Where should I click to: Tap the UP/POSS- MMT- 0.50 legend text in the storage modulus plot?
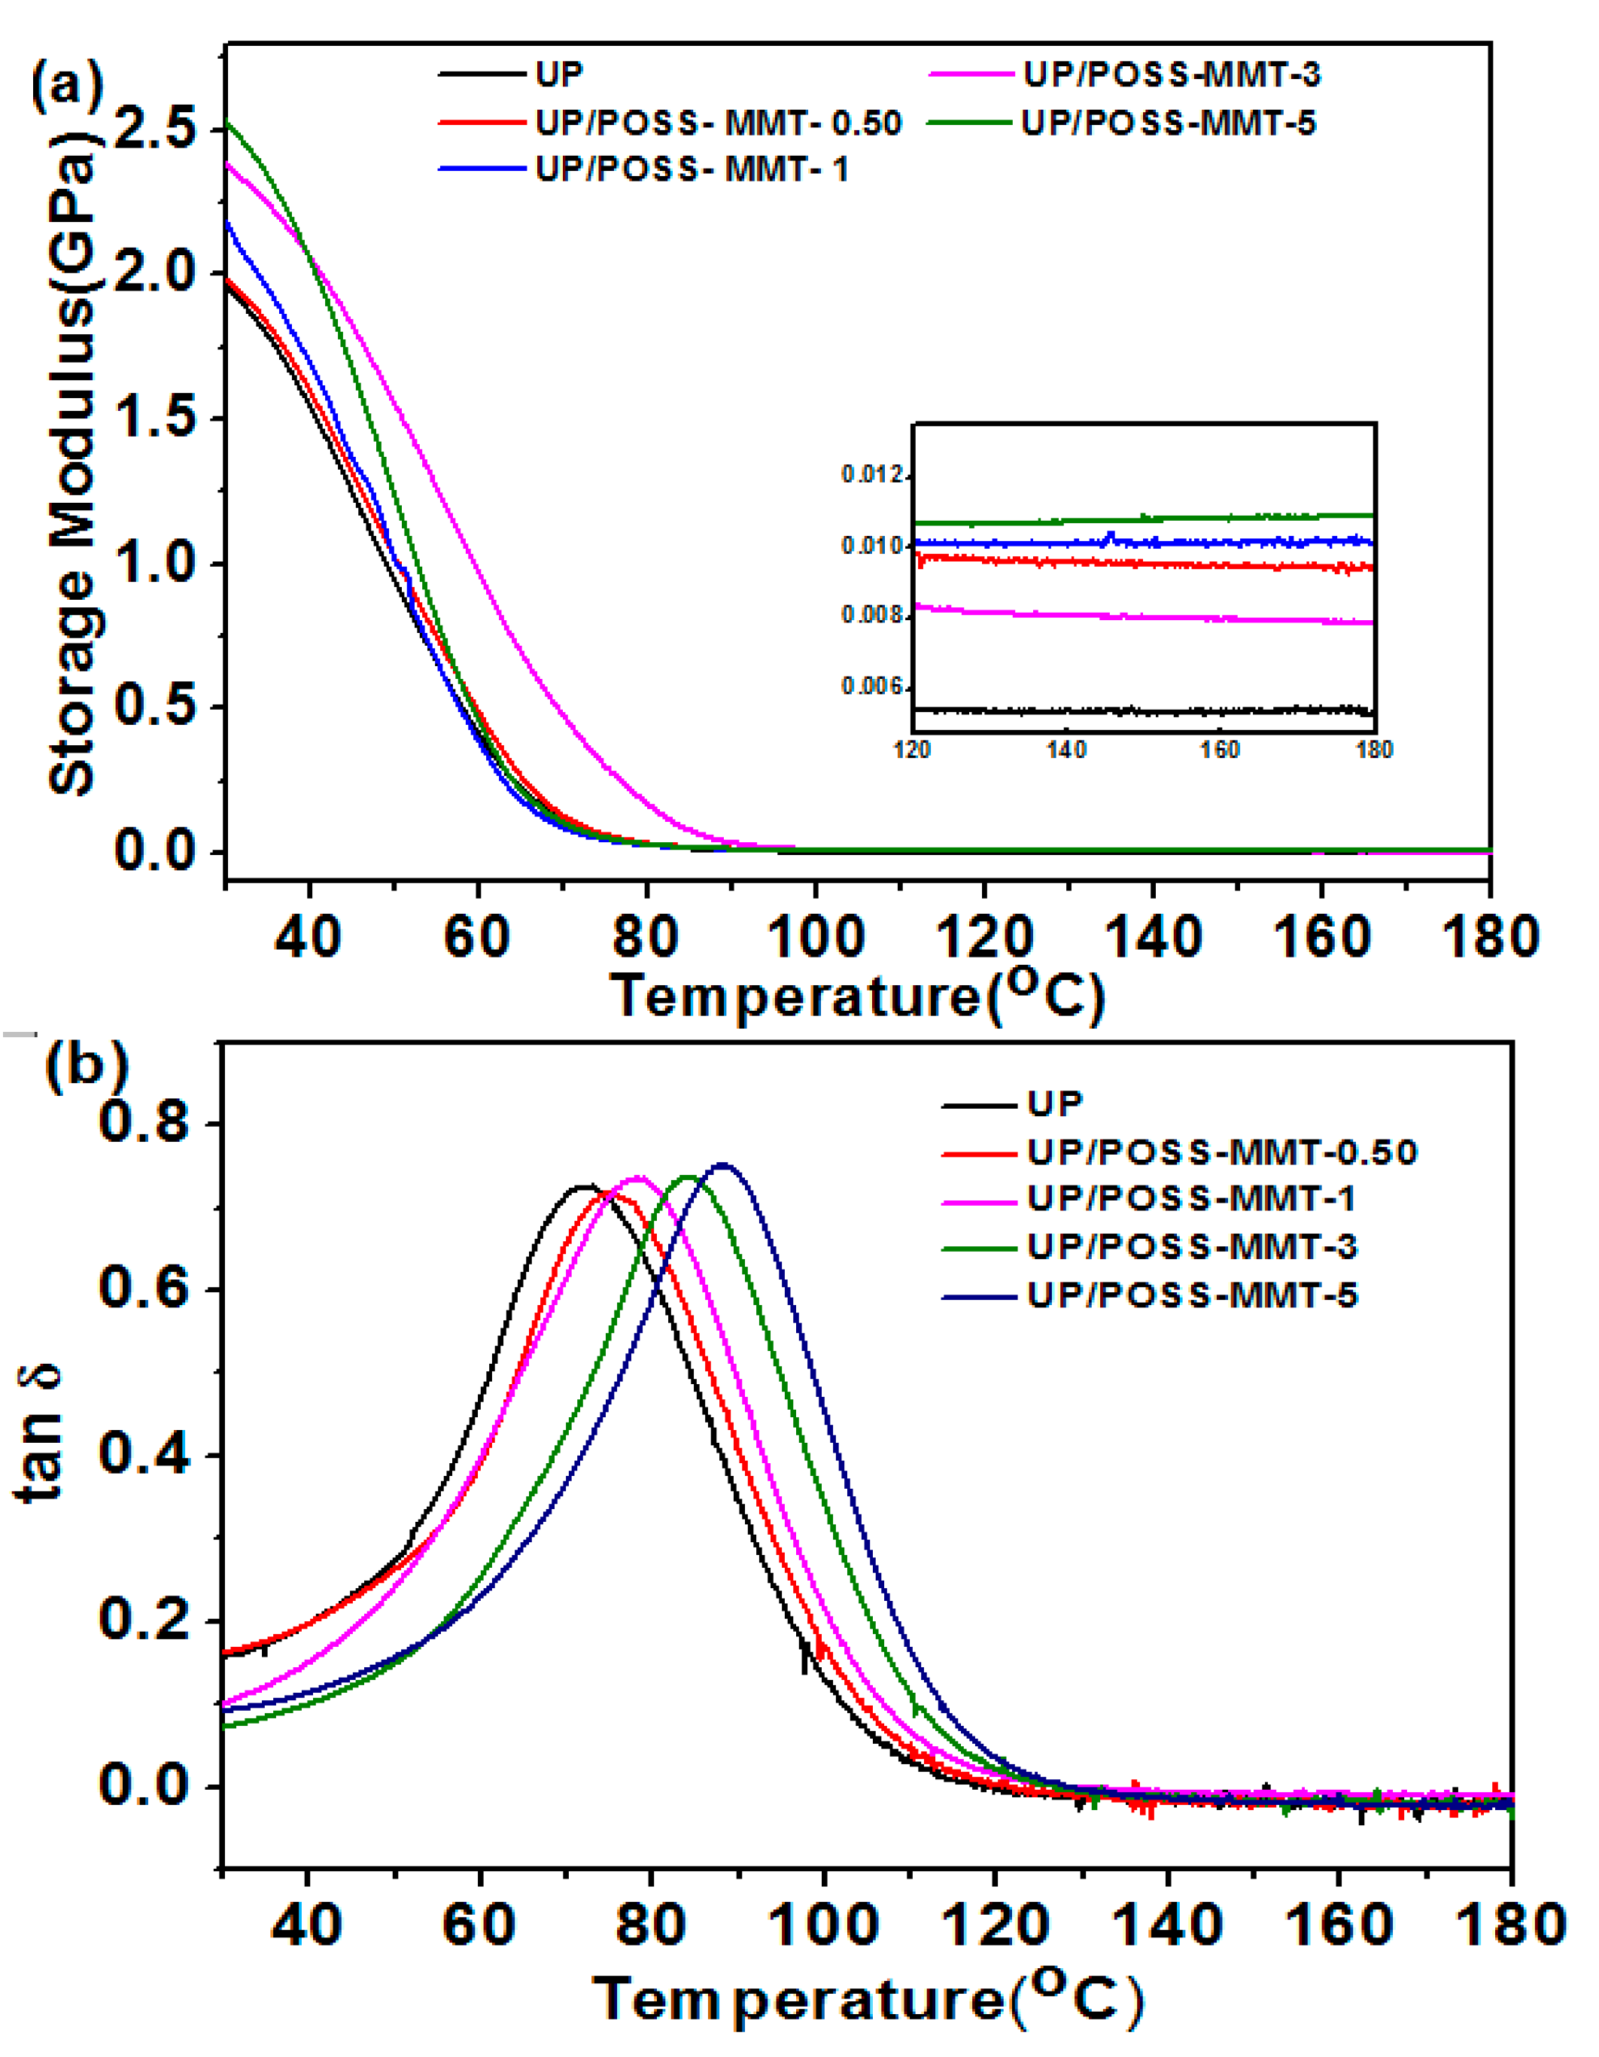coord(718,123)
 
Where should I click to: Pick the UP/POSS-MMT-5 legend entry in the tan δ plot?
coord(1191,1296)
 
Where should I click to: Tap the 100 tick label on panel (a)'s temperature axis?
coord(816,937)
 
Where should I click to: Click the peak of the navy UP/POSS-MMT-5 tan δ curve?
coord(723,1165)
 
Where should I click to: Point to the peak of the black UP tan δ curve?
coord(585,1185)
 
